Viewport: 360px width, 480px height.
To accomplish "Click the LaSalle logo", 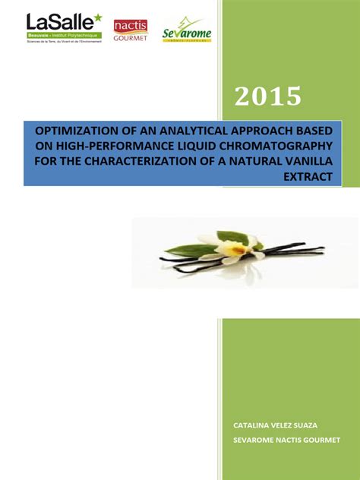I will pos(63,28).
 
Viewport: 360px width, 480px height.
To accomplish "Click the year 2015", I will pos(268,96).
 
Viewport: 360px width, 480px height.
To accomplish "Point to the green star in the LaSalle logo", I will pos(96,17).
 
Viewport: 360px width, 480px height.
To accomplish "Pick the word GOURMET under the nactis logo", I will pos(130,37).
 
